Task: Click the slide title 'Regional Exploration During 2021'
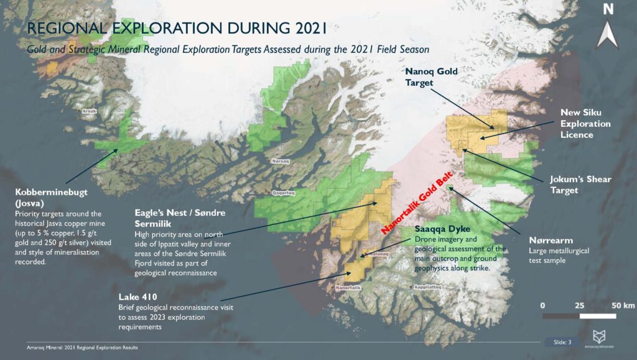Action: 177,29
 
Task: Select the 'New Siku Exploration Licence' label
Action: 585,124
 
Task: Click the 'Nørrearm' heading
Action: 547,241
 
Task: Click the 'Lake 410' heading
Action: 137,296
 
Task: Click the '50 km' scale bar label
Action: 623,305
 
